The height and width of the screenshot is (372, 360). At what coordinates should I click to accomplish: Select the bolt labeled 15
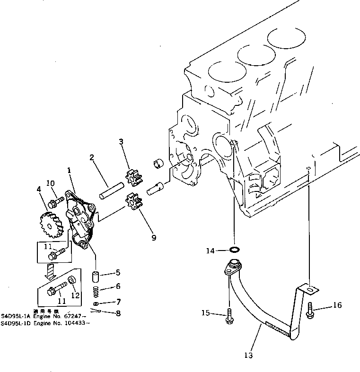tap(229, 315)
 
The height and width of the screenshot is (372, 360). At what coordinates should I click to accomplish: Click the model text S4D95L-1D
tap(15, 323)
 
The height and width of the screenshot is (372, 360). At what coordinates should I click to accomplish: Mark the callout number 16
tap(337, 305)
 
